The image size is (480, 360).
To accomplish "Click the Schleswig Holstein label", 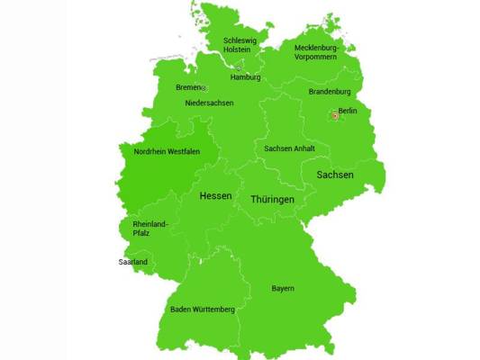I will [x=240, y=46].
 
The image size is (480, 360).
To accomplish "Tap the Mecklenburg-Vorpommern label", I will [x=315, y=51].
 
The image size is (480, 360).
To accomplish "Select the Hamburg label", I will [x=245, y=77].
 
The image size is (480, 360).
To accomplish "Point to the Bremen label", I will [x=188, y=87].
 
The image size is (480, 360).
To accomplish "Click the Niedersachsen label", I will [x=209, y=103].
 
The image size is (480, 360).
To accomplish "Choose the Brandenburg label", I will [x=330, y=91].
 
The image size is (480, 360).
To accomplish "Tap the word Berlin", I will [x=348, y=111].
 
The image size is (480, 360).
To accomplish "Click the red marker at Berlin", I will [x=334, y=115].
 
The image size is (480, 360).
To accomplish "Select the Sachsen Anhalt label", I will [x=289, y=148].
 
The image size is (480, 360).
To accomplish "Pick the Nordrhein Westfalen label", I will [x=167, y=152].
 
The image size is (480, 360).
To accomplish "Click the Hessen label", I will [x=215, y=195].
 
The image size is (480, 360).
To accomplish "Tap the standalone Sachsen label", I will [x=334, y=175].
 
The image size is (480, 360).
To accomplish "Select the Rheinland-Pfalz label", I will [x=150, y=228].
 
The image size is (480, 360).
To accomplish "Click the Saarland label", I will [x=133, y=262].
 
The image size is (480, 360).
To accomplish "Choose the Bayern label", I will [x=283, y=289].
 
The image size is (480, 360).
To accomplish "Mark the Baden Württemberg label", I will [x=203, y=310].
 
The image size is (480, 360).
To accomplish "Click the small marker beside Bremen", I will [x=204, y=88].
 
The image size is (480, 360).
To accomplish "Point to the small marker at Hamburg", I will [x=239, y=68].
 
